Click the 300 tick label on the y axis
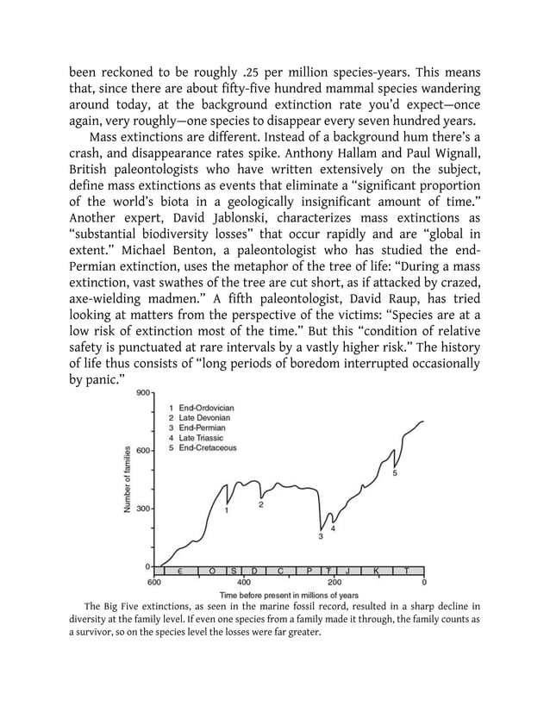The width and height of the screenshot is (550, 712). coord(142,509)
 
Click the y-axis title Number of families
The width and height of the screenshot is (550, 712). coord(127,480)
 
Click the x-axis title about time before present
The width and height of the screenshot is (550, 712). coord(289,595)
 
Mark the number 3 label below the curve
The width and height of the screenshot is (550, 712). coord(320,537)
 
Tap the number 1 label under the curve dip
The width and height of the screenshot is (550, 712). coord(227,510)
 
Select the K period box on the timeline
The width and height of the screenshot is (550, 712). coord(377,571)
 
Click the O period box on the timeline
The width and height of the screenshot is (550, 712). coord(213,571)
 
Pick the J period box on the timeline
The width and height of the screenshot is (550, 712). coord(347,571)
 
